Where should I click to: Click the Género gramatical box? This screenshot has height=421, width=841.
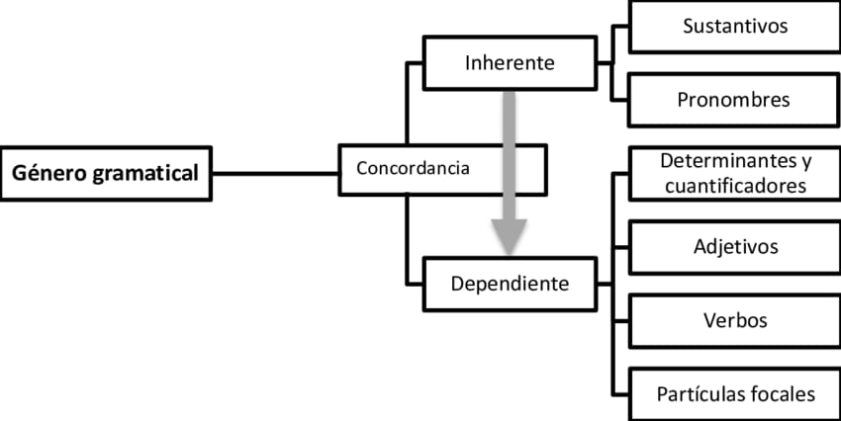coord(106,173)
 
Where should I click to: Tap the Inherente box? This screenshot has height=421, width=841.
coord(510,62)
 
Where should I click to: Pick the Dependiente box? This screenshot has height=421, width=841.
coord(510,285)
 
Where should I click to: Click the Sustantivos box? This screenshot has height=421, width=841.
coord(735,27)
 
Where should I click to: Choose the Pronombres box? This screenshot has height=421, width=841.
coord(735,101)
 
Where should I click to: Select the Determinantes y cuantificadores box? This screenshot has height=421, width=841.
coord(735,172)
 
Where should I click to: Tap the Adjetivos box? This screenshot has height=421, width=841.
coord(735,246)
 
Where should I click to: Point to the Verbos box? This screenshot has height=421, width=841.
coord(735,320)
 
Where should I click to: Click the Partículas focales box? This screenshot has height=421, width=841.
coord(735,394)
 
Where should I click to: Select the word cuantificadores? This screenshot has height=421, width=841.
coord(735,185)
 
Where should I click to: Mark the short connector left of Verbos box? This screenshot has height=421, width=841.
coord(620,320)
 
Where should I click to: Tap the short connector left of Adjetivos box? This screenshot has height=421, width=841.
coord(620,246)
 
